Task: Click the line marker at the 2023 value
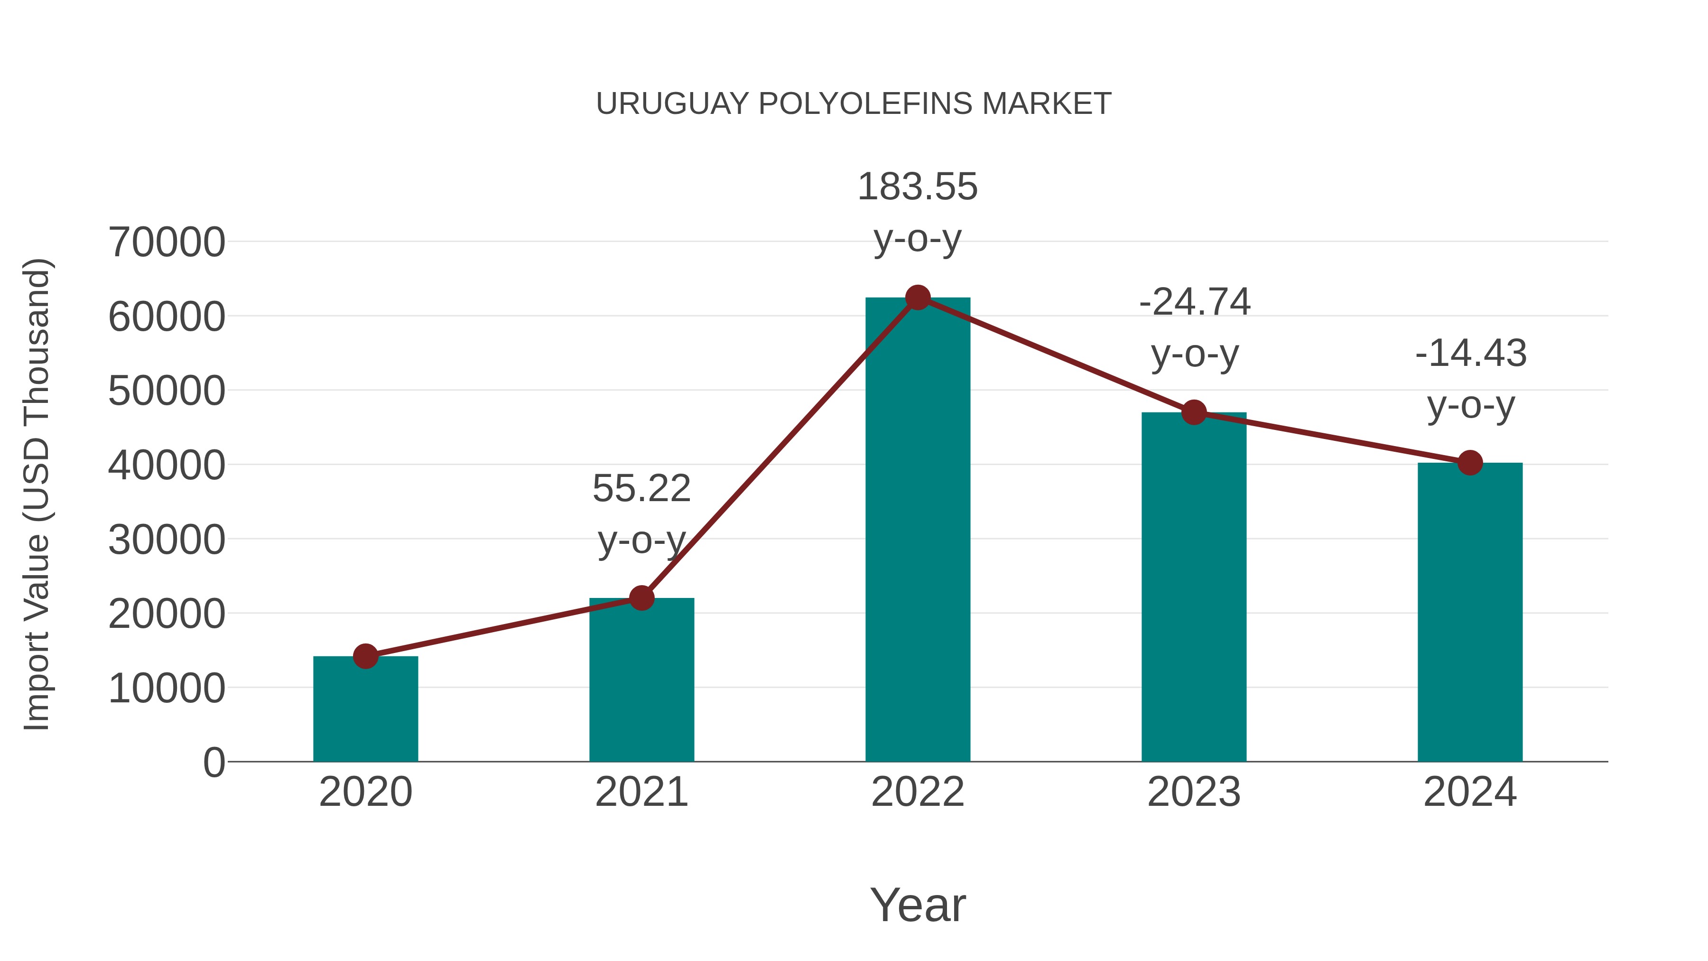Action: pyautogui.click(x=1194, y=412)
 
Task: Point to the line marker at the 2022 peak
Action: pyautogui.click(x=917, y=297)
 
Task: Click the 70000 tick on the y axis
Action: pyautogui.click(x=167, y=242)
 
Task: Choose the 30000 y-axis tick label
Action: pyautogui.click(x=167, y=540)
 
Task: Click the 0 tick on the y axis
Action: pyautogui.click(x=213, y=762)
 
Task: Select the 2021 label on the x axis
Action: pyautogui.click(x=641, y=792)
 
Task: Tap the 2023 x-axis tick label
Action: pyautogui.click(x=1194, y=792)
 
